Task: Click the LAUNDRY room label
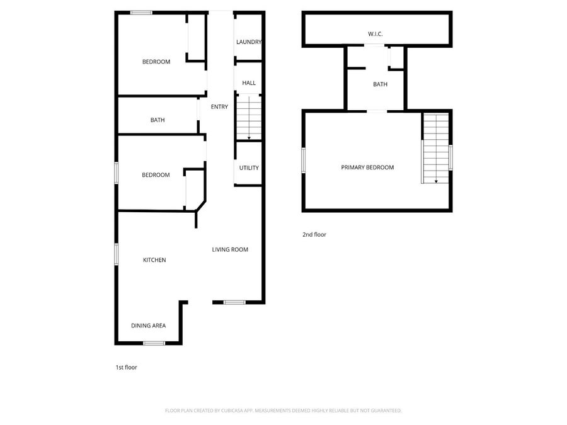[249, 42]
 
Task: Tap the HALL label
[249, 82]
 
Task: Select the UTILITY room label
[249, 168]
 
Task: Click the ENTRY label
[219, 107]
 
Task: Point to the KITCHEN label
[154, 260]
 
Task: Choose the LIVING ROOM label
[230, 250]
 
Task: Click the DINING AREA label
[148, 326]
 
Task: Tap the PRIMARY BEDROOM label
[367, 167]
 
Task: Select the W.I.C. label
[375, 33]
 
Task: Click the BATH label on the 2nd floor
[380, 84]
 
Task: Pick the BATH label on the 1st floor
[157, 120]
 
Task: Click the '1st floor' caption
[126, 368]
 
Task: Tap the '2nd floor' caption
[314, 235]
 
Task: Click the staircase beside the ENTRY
[249, 116]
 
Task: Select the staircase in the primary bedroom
[435, 149]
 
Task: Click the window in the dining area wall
[154, 343]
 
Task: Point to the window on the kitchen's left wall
[117, 254]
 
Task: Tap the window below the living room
[234, 303]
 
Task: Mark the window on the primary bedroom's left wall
[304, 160]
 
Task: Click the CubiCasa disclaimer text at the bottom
[283, 411]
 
